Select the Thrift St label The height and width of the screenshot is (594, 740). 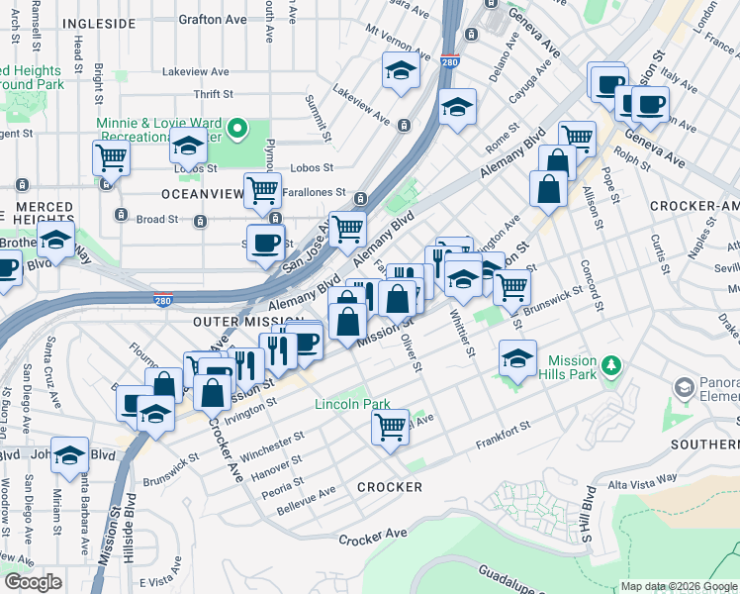pyautogui.click(x=213, y=94)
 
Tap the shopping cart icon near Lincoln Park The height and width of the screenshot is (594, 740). pyautogui.click(x=390, y=427)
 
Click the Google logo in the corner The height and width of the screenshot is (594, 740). pyautogui.click(x=33, y=582)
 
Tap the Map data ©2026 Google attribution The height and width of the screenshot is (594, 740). pyautogui.click(x=678, y=586)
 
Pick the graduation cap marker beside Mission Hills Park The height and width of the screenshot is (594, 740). pyautogui.click(x=517, y=358)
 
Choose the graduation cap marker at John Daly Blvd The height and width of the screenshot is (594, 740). pyautogui.click(x=69, y=454)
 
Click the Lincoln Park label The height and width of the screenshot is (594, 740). pyautogui.click(x=346, y=404)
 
